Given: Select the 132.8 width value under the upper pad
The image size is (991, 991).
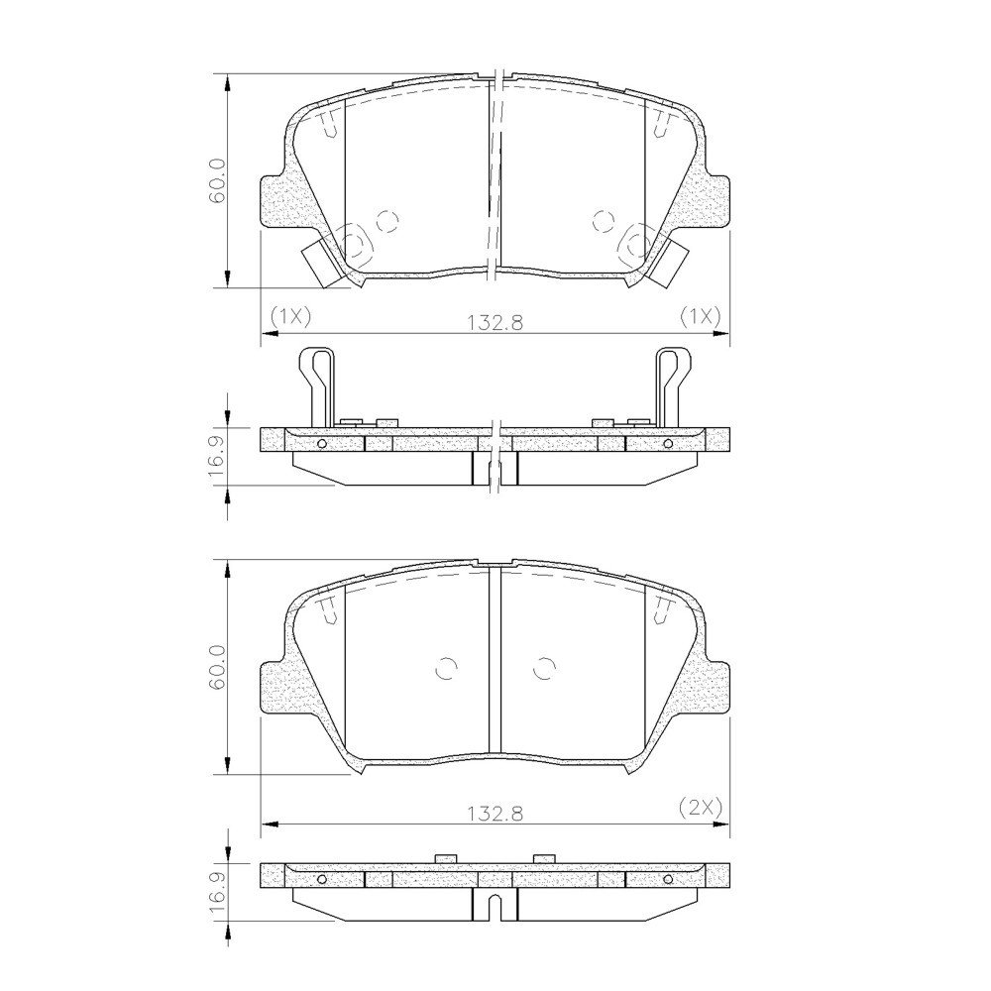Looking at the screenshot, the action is [x=495, y=323].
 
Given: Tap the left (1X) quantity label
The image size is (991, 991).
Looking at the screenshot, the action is [x=290, y=315].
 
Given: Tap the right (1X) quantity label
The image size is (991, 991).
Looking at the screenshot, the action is [x=701, y=315].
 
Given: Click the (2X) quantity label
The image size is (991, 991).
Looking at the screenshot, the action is [x=701, y=807].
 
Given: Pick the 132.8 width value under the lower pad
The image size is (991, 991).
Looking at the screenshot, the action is [x=495, y=814].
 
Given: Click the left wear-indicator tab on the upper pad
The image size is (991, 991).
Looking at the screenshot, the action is [x=322, y=264].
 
